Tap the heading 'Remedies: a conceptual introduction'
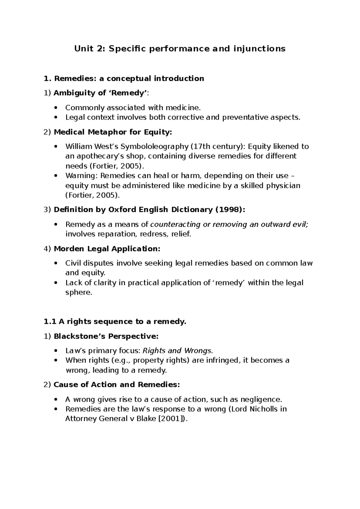(x=129, y=79)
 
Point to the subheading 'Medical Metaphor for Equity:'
(x=113, y=132)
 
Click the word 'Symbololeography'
(x=154, y=146)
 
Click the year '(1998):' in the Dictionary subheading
(x=230, y=209)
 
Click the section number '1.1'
(x=50, y=322)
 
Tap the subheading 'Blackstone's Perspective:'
(x=106, y=336)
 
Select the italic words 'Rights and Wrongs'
(x=177, y=351)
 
